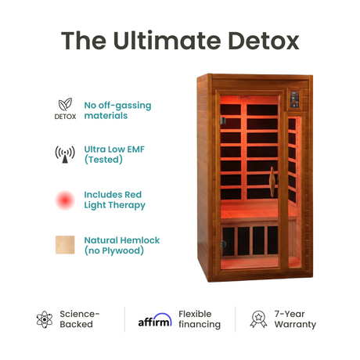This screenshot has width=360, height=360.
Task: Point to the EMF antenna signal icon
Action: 65,154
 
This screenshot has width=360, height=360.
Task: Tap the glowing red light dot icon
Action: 65,200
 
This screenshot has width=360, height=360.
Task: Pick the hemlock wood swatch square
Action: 65,245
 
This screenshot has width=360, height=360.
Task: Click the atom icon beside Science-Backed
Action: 45,319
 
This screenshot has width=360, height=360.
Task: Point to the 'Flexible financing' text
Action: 200,319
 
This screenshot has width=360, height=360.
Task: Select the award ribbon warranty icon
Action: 258,319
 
